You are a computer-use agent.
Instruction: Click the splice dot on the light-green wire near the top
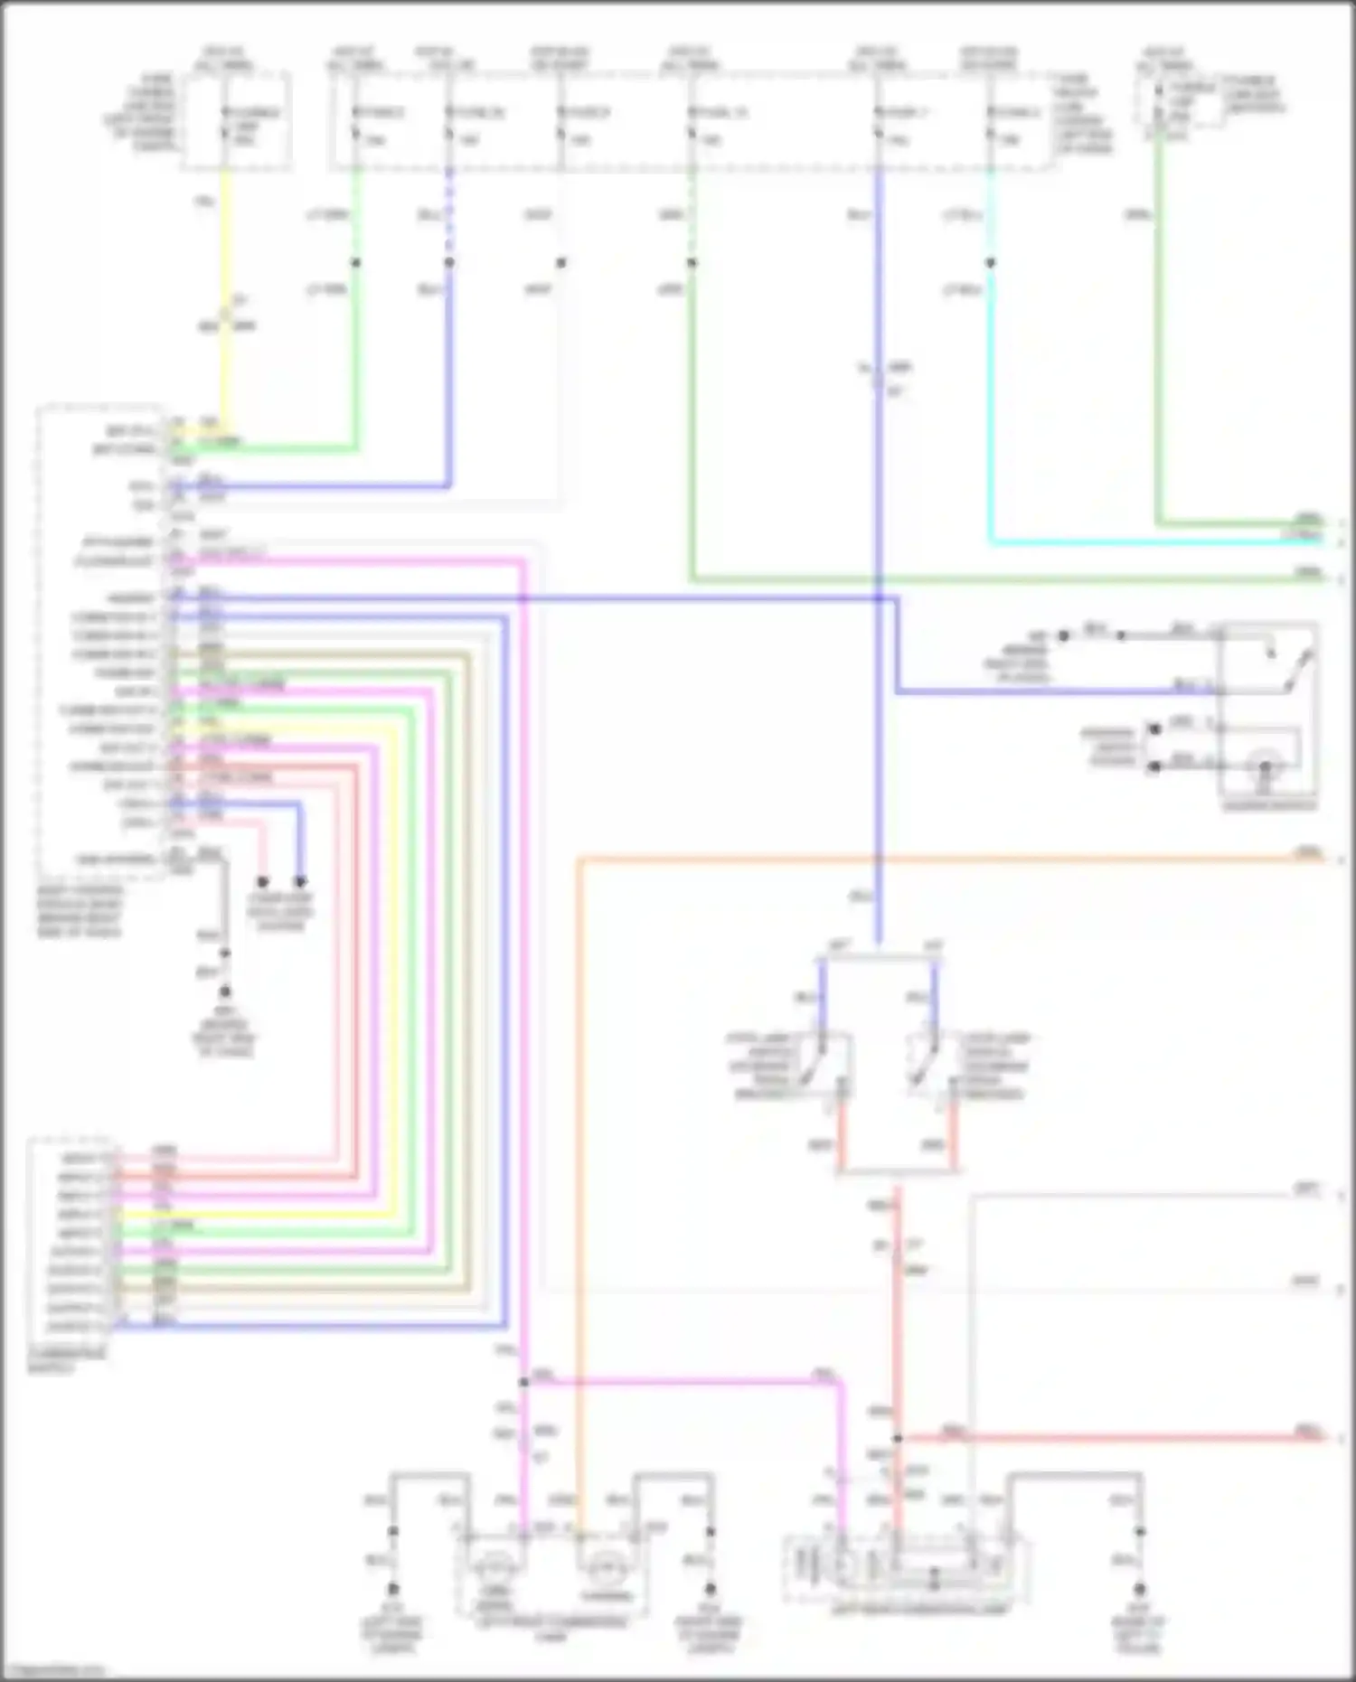pos(356,263)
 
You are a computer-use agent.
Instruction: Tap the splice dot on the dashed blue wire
pos(449,263)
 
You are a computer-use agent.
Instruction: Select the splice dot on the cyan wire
pos(991,263)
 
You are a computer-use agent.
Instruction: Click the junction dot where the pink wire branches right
pos(524,1382)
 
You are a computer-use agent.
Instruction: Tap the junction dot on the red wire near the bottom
pos(898,1438)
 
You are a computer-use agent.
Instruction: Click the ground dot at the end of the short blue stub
pos(300,881)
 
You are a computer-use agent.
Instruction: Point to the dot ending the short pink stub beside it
pos(263,881)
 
